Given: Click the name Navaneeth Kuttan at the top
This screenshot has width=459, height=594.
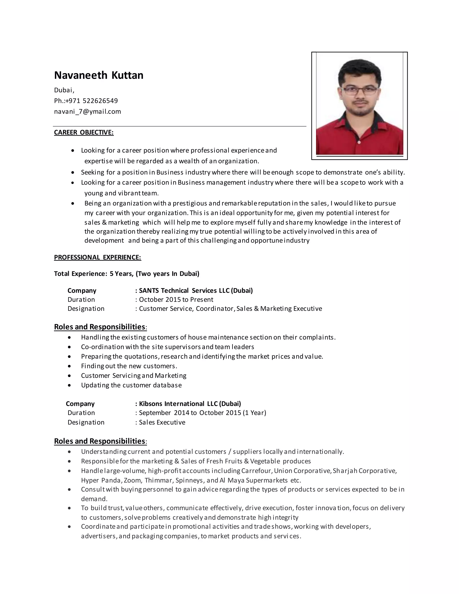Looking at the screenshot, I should coord(98,75).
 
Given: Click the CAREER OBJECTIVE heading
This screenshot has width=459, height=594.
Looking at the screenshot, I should coord(84,132).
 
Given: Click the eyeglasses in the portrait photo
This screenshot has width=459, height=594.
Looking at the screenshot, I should coord(359,90).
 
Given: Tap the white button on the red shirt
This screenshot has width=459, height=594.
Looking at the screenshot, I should coord(359,142).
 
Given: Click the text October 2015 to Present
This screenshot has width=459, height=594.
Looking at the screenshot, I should coord(176,300).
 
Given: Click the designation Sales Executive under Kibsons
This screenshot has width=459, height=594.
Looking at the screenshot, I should coord(162,422).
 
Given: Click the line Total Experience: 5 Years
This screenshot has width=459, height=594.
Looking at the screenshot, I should coord(126,274).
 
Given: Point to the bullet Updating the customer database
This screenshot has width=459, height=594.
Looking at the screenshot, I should coord(131,385).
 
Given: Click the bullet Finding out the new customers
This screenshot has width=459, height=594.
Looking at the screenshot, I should coord(129,366).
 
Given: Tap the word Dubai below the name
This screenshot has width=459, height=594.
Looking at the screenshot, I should coord(64,90).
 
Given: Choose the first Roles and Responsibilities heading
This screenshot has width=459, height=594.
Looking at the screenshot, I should coord(100,327).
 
